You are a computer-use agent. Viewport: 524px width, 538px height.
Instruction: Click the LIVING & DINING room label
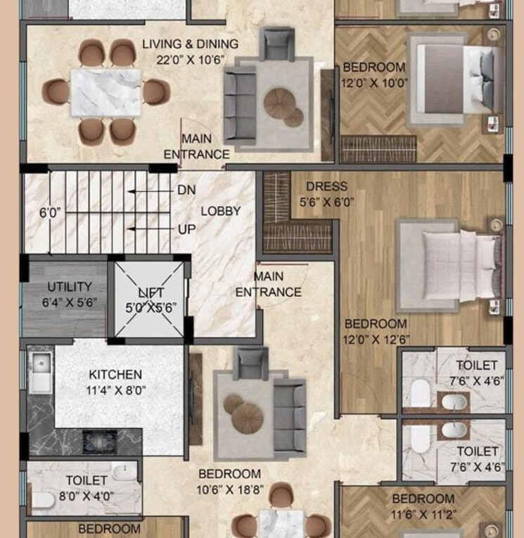(190, 44)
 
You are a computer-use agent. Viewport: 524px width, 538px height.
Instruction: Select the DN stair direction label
(186, 190)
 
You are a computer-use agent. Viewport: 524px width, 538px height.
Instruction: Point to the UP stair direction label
(186, 229)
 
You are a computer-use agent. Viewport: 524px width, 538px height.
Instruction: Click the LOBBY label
(221, 211)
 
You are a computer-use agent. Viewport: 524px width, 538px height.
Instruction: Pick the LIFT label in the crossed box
(151, 293)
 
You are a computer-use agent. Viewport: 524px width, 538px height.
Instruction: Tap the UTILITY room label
(69, 287)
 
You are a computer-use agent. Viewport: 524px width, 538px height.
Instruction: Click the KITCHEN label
(115, 375)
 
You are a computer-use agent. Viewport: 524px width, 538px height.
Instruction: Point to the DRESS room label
(326, 187)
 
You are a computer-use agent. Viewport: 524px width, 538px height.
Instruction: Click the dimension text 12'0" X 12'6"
(375, 339)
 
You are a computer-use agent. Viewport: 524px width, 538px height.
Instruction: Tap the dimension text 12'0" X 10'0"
(373, 82)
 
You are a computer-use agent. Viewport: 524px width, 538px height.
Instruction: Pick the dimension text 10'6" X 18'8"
(229, 489)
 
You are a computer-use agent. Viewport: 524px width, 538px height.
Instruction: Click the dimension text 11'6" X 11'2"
(423, 515)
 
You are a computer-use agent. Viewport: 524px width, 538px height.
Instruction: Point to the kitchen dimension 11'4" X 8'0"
(115, 390)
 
